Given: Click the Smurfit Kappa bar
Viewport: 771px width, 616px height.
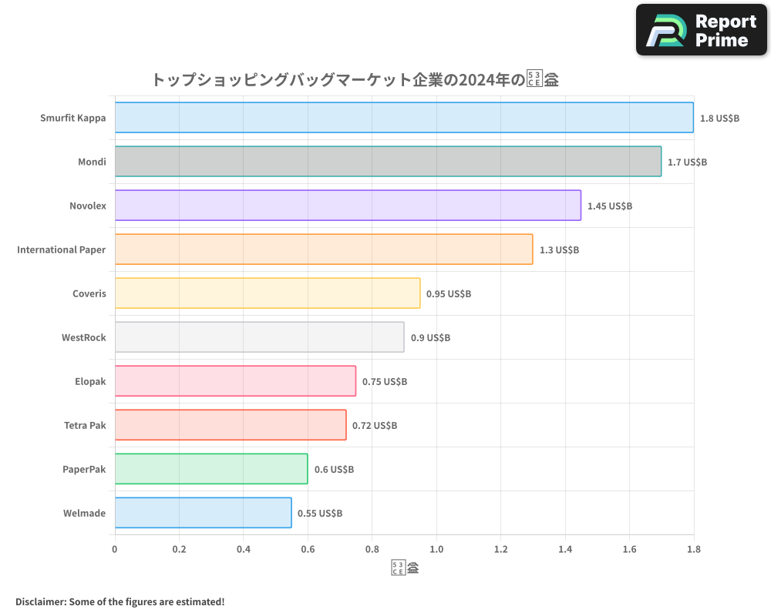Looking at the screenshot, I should [x=404, y=118].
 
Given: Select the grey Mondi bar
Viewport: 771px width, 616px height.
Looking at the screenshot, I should [x=388, y=162].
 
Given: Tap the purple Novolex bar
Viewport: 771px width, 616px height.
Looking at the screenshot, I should [x=348, y=206].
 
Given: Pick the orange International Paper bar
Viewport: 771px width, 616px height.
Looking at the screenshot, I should [x=324, y=249].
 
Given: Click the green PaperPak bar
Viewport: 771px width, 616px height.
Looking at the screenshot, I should [x=211, y=469].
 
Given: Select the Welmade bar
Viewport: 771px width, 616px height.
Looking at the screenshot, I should [x=203, y=513].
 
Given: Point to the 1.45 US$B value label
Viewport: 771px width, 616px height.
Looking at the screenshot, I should [x=609, y=206].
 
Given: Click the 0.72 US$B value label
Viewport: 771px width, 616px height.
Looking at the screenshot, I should [x=375, y=426].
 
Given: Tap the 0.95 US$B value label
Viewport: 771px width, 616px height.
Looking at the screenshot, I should [x=449, y=294].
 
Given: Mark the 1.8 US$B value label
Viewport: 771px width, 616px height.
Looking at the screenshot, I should [x=719, y=119].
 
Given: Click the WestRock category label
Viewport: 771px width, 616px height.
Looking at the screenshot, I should [x=84, y=337].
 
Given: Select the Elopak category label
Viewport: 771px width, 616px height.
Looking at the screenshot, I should [x=90, y=381].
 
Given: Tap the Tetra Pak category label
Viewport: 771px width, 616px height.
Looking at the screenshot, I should [x=85, y=425].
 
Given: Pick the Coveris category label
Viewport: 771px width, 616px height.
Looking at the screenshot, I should [x=89, y=293].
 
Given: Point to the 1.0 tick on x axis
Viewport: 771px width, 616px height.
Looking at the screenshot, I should [x=436, y=549].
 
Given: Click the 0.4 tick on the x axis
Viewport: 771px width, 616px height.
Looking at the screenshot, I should [x=244, y=549].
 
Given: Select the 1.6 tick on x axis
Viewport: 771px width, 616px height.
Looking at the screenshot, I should [x=629, y=549].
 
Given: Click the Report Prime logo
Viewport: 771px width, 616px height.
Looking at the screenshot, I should [x=702, y=30].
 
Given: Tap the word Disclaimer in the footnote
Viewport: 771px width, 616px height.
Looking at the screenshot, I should [x=40, y=601].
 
